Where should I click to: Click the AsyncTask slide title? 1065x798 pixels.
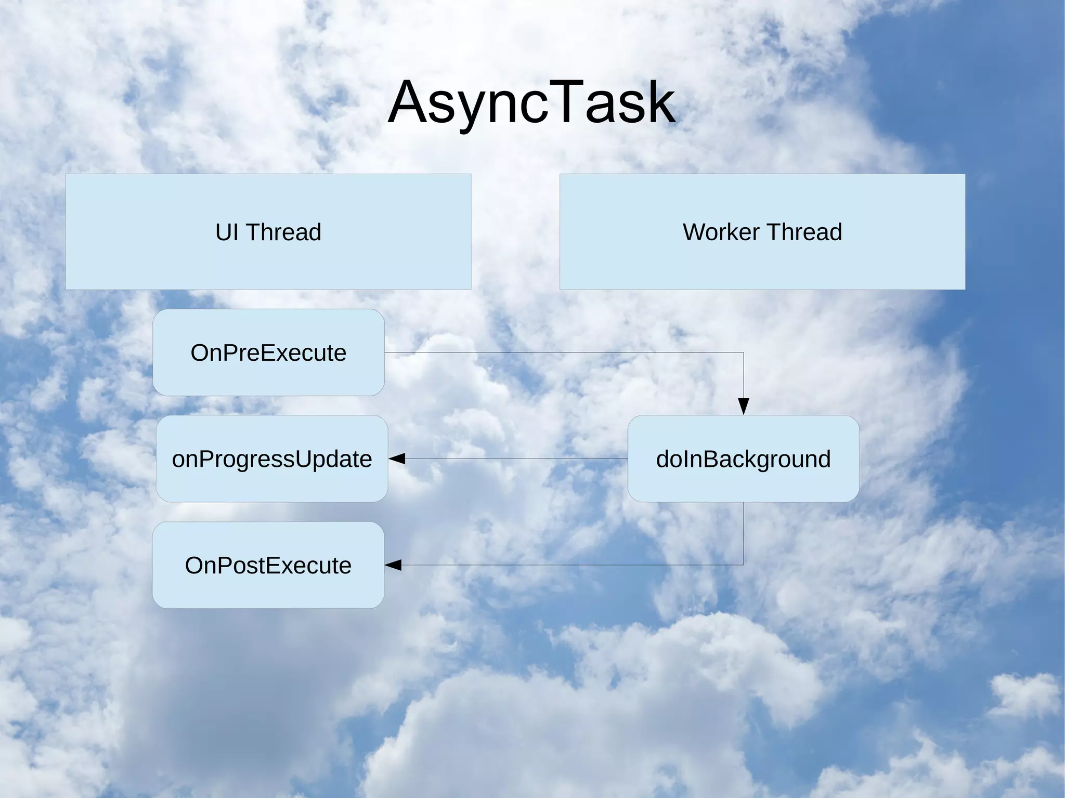(x=531, y=103)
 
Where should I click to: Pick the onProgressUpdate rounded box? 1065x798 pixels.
(x=272, y=483)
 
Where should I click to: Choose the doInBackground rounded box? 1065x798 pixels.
(x=743, y=483)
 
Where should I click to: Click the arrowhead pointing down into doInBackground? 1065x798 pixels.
(x=744, y=406)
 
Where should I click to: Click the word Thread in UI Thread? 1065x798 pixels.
(x=283, y=232)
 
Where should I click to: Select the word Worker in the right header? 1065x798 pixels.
(x=720, y=232)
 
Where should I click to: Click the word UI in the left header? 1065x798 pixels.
(x=227, y=232)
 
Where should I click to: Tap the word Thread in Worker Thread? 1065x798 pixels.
(x=804, y=232)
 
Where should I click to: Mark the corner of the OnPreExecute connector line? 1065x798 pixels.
(x=744, y=352)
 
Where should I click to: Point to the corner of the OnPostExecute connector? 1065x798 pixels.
(x=744, y=565)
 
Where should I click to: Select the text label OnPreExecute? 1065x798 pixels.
(x=268, y=353)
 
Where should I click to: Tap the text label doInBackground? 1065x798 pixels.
(x=743, y=459)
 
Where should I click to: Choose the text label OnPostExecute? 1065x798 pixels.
(x=268, y=566)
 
